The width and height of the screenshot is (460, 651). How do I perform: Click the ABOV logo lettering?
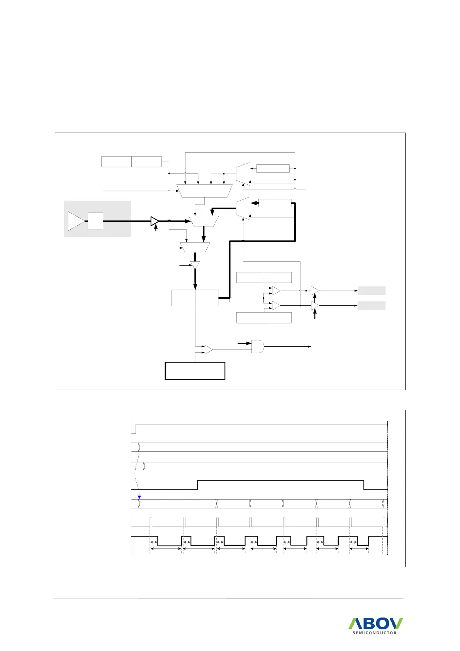[376, 624]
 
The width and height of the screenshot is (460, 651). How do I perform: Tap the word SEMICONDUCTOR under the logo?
[374, 633]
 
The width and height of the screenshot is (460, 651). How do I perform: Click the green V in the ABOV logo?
[397, 623]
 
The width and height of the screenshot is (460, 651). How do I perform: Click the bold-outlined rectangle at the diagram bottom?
[195, 371]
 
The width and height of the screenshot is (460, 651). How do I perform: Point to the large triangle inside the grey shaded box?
[76, 221]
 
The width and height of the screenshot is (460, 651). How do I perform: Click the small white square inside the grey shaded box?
[95, 221]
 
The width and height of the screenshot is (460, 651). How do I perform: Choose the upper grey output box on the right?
[372, 291]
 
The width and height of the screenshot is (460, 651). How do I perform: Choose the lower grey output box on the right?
[372, 305]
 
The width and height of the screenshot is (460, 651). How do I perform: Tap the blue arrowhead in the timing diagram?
[140, 497]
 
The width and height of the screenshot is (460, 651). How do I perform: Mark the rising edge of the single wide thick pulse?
[198, 485]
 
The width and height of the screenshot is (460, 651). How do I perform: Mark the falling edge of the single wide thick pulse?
[364, 485]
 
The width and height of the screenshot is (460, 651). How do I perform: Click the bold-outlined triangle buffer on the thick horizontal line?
[154, 221]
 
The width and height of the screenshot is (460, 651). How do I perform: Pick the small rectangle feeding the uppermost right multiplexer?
[273, 169]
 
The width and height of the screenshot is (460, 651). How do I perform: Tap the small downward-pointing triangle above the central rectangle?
[195, 266]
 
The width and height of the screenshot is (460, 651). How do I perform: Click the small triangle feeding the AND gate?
[209, 349]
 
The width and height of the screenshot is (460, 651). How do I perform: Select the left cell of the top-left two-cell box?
[116, 162]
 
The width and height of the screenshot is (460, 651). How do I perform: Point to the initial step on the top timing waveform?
[136, 429]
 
